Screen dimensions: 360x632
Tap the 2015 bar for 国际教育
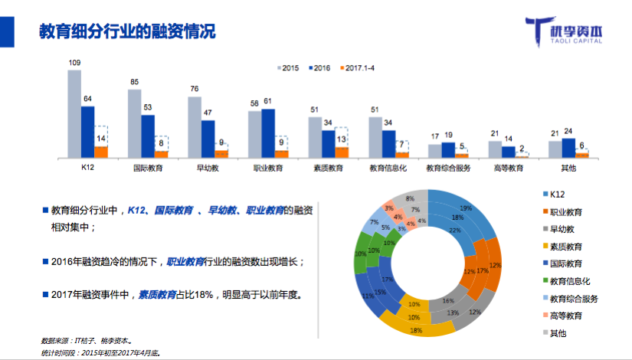tap(134, 123)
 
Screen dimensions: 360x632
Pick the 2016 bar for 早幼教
tap(208, 139)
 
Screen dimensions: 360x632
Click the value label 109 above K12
tap(75, 63)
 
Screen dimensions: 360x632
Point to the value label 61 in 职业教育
tap(268, 101)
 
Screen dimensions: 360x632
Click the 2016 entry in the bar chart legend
tap(318, 68)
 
